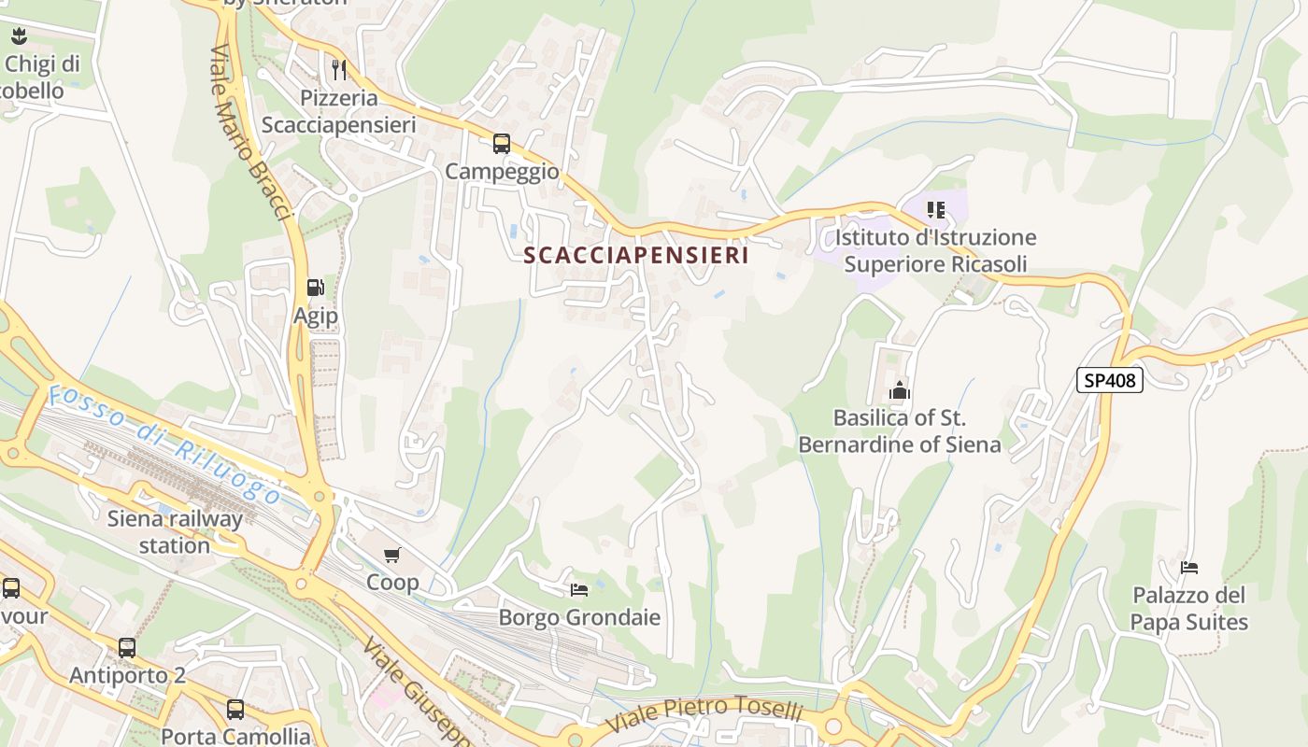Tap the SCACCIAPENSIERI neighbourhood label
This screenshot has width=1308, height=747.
pos(636,255)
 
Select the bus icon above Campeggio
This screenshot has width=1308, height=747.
pos(502,144)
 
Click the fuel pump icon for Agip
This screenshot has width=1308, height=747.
pos(316,288)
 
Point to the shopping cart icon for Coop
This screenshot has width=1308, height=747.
pos(392,556)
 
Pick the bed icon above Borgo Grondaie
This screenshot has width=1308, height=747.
pos(579,589)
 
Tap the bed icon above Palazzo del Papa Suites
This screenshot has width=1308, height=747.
pos(1188,567)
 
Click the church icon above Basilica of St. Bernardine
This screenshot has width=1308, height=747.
pos(900,390)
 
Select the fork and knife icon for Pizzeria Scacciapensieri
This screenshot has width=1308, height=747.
pos(339,69)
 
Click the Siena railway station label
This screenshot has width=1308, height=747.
pos(175,531)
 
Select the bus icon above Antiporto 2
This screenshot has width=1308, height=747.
pos(127,647)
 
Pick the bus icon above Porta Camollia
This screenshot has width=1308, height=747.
pos(235,710)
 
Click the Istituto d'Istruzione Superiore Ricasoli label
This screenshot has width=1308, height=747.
pos(935,250)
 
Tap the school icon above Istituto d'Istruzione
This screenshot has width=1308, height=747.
pos(935,210)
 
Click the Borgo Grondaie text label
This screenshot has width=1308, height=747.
pos(579,617)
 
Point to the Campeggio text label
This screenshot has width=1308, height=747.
pos(502,172)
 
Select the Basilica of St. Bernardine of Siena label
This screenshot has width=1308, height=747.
pos(899,430)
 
